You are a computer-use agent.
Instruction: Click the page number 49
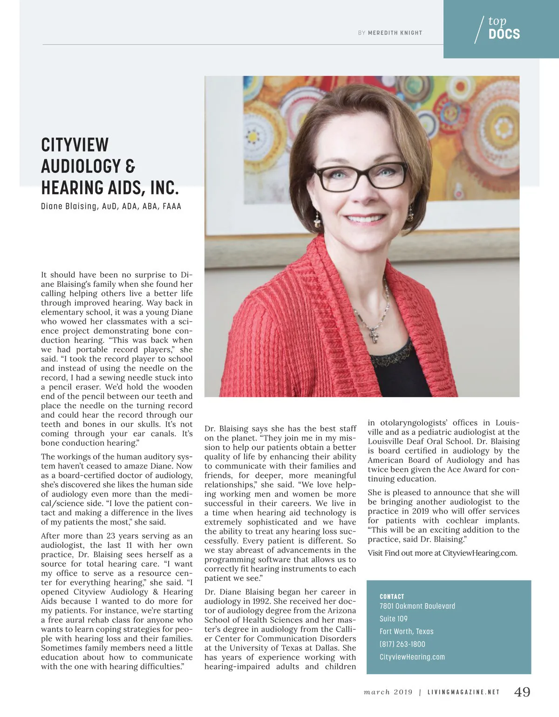coord(522,692)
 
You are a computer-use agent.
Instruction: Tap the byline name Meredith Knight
coord(395,33)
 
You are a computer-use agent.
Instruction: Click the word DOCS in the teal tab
coord(504,34)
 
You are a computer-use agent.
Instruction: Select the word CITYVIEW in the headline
coord(75,145)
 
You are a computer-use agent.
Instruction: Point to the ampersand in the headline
coord(130,166)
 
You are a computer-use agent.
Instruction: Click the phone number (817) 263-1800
coord(402,644)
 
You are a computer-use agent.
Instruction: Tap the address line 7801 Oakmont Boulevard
coord(417,606)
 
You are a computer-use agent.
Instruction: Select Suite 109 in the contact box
coord(394,619)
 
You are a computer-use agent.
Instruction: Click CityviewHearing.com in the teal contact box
coord(412,657)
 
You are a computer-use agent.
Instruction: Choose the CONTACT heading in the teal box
coord(392,596)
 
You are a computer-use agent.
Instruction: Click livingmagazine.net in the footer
coord(464,692)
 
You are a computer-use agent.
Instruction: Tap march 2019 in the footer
coord(388,692)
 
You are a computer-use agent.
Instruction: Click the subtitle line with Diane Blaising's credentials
coord(111,206)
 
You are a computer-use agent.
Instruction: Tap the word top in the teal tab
coord(497,21)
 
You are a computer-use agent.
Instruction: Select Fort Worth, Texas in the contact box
coord(406,631)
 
